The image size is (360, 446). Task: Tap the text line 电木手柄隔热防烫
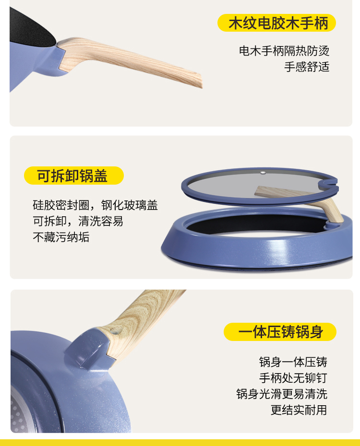coord(284,51)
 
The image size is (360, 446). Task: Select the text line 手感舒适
coord(307,67)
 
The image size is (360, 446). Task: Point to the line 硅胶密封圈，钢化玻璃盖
coord(96,205)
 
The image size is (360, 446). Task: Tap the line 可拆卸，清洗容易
coord(78,221)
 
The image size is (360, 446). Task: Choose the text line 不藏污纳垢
coord(61,237)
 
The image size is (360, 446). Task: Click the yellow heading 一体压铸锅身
coord(280,332)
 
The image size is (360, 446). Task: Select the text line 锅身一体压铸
coord(293,362)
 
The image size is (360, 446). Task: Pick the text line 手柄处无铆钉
coord(293,378)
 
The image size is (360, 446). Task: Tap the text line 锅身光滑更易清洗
coord(282,394)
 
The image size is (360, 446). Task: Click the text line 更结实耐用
coord(299,410)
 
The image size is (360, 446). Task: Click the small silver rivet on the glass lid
coord(263,172)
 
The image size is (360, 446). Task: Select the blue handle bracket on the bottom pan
coord(89,349)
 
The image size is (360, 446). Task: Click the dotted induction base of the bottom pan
coord(18,410)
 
